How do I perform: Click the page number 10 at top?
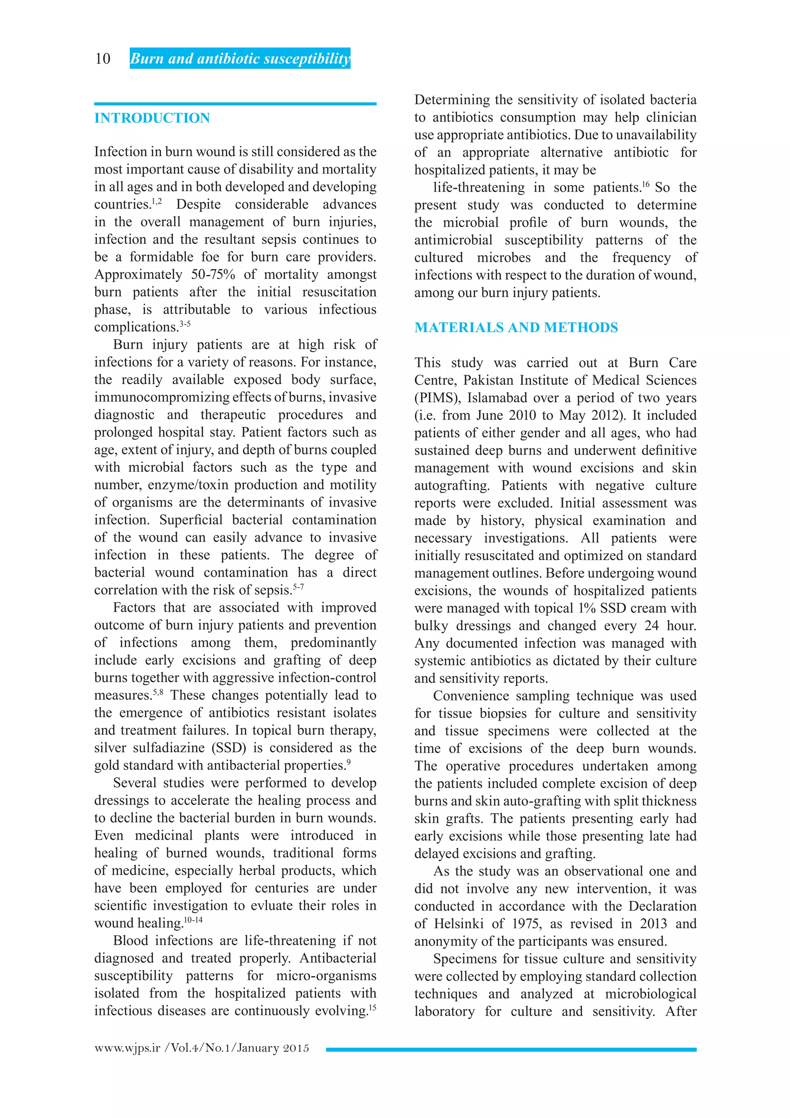[x=103, y=59]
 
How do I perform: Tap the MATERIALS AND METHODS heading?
[x=516, y=327]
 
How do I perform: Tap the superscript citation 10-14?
[x=194, y=920]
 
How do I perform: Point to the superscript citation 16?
[x=646, y=184]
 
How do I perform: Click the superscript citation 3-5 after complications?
[x=185, y=324]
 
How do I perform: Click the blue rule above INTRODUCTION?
[x=235, y=104]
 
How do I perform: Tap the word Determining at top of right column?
[x=452, y=100]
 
